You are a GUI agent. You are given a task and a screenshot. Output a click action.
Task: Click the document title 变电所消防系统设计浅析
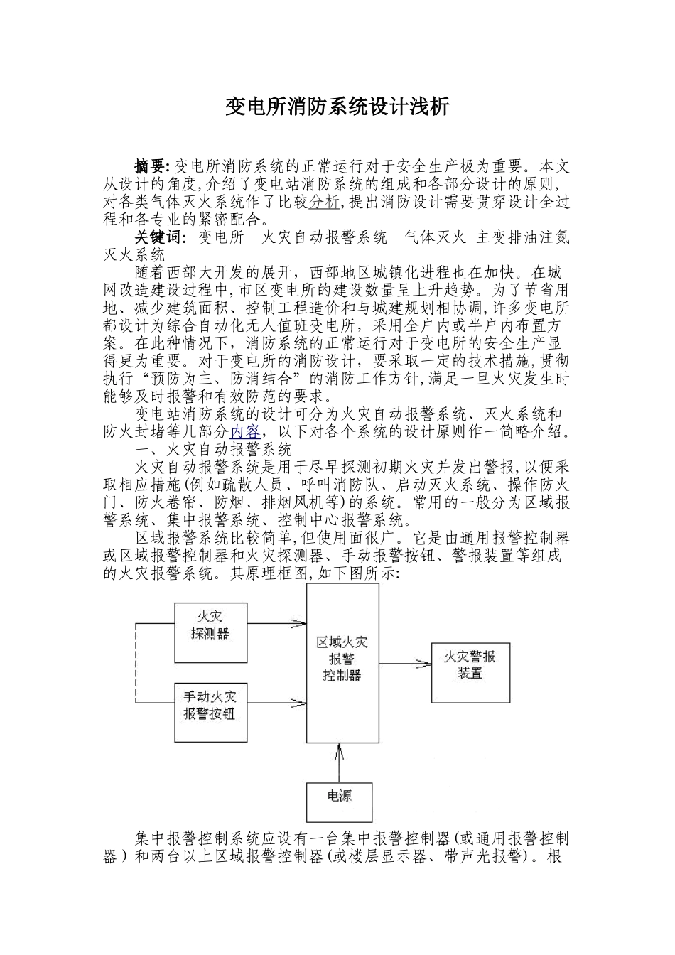tap(337, 107)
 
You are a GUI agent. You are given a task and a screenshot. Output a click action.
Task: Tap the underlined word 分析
tap(324, 203)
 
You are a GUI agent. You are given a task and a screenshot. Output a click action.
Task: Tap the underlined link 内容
tap(246, 431)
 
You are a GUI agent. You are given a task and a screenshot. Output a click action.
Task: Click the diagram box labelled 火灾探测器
tap(210, 632)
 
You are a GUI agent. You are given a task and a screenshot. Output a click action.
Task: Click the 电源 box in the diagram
tap(339, 802)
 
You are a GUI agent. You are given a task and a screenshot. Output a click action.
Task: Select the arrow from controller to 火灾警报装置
tap(405, 664)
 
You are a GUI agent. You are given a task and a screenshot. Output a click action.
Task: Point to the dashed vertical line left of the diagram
tap(136, 664)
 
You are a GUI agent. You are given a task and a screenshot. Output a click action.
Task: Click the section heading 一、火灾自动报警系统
tap(214, 449)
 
